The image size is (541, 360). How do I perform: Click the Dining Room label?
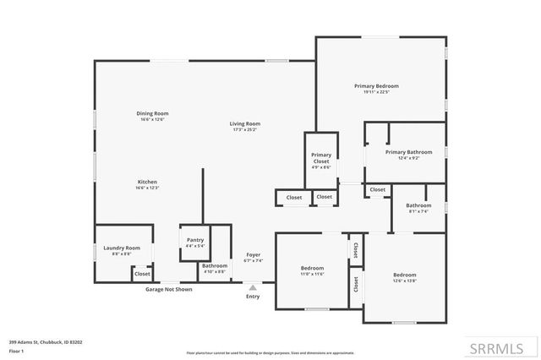tap(153, 113)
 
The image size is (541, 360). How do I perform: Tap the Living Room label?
tap(245, 124)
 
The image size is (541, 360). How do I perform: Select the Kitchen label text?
tap(148, 182)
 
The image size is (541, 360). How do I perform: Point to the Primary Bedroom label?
tap(376, 86)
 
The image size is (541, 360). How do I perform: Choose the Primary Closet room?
tap(321, 158)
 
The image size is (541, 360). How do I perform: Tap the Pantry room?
tap(194, 243)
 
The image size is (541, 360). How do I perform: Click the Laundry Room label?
tap(122, 248)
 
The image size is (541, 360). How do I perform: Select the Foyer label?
tap(253, 254)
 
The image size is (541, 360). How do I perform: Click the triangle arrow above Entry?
tap(253, 287)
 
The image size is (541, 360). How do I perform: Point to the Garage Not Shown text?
tap(168, 289)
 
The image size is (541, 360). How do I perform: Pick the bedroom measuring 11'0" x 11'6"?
tap(312, 270)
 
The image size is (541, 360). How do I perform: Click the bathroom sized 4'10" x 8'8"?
tap(215, 268)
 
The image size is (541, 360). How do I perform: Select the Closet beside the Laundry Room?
tap(142, 274)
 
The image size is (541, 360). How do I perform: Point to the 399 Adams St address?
tap(46, 342)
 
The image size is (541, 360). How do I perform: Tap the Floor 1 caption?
tap(15, 350)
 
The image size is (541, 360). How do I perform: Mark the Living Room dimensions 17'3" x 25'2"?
tap(245, 129)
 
